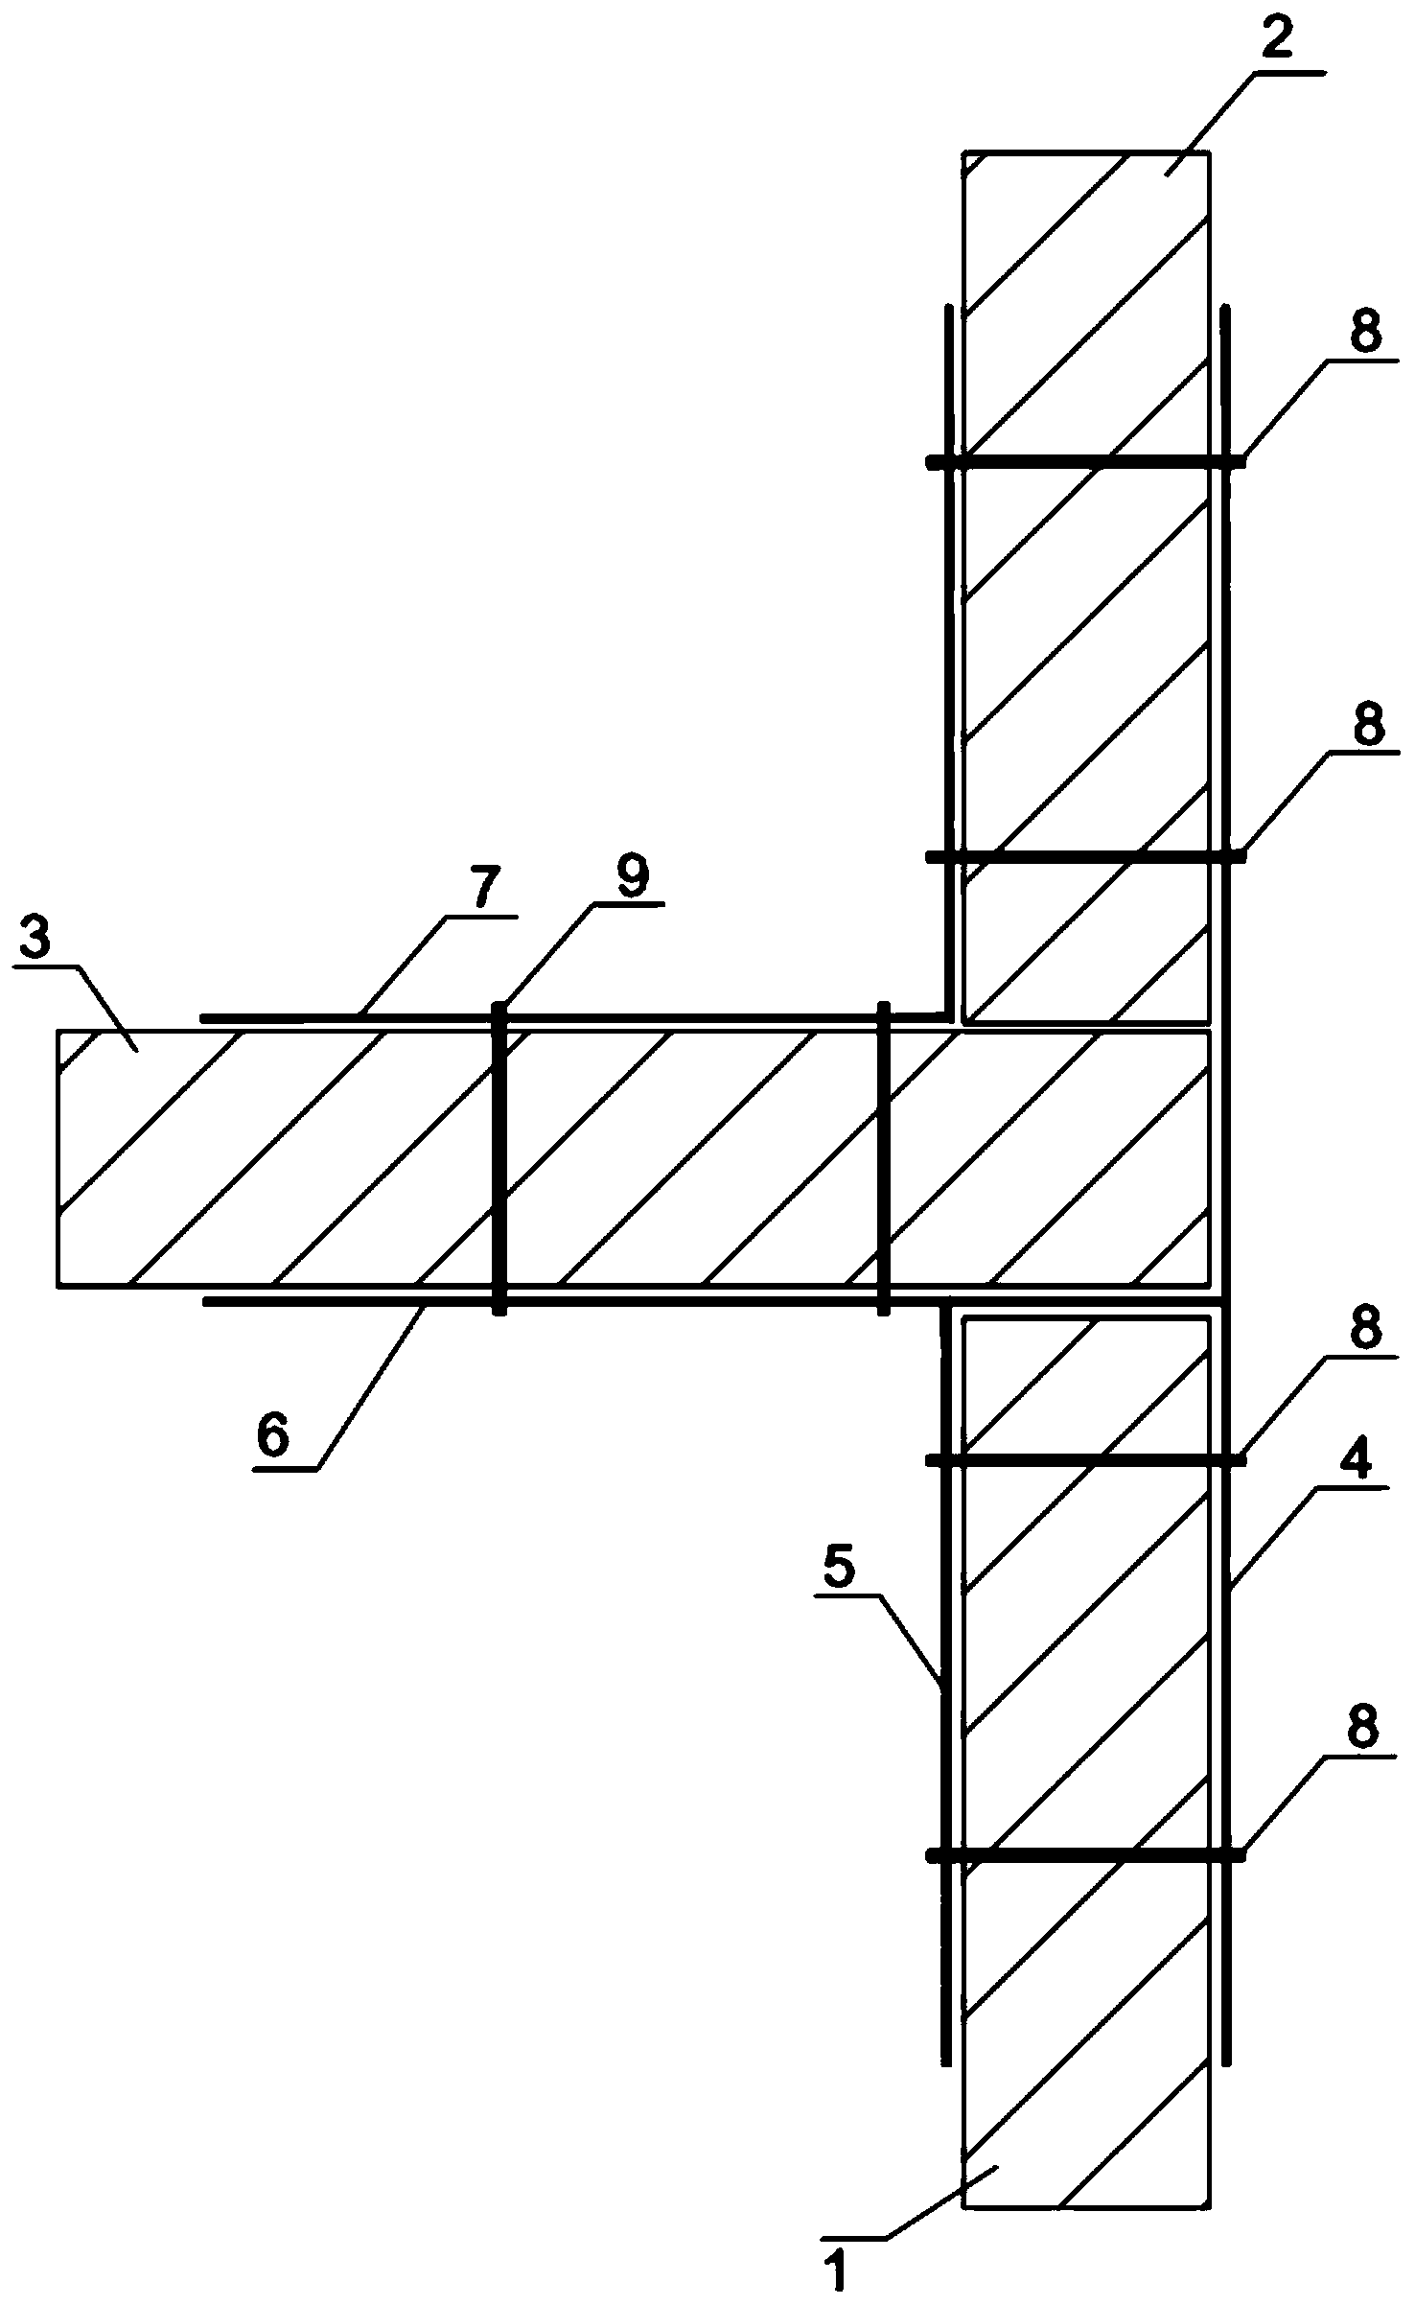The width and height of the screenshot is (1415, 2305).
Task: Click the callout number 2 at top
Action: point(1276,41)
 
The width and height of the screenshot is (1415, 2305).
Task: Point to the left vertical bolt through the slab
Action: point(499,1158)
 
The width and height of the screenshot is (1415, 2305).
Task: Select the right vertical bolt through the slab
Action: point(883,1158)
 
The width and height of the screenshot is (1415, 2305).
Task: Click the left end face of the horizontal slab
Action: point(58,1158)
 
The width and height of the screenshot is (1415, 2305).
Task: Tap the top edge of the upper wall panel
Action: point(1085,151)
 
